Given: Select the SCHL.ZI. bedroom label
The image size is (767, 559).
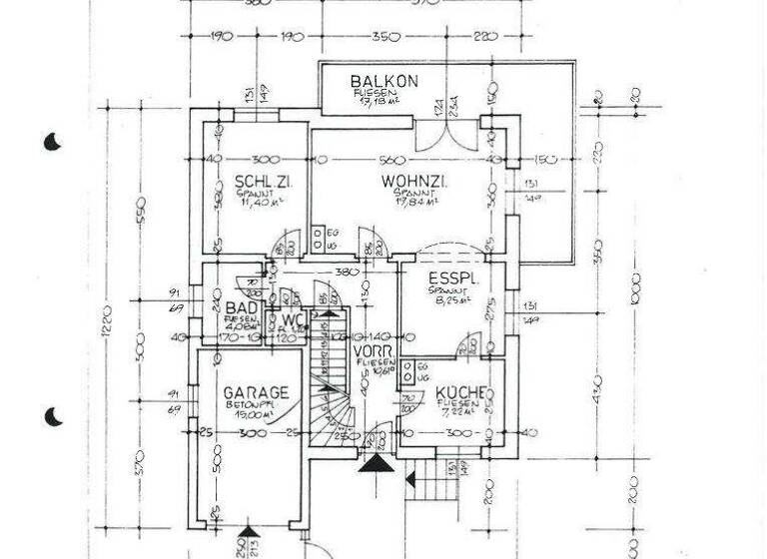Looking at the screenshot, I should click(x=257, y=182).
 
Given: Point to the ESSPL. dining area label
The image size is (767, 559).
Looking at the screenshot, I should click(x=454, y=279).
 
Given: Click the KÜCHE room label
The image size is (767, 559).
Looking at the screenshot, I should click(x=460, y=392).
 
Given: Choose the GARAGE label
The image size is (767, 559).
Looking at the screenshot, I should click(x=256, y=392).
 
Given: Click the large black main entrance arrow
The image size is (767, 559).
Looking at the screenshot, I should click(x=377, y=462).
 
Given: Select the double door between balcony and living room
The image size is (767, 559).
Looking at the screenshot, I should click(x=440, y=135).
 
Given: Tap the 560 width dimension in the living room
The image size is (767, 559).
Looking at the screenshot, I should click(x=392, y=160).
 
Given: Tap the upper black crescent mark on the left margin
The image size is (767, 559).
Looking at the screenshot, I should click(x=53, y=142).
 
